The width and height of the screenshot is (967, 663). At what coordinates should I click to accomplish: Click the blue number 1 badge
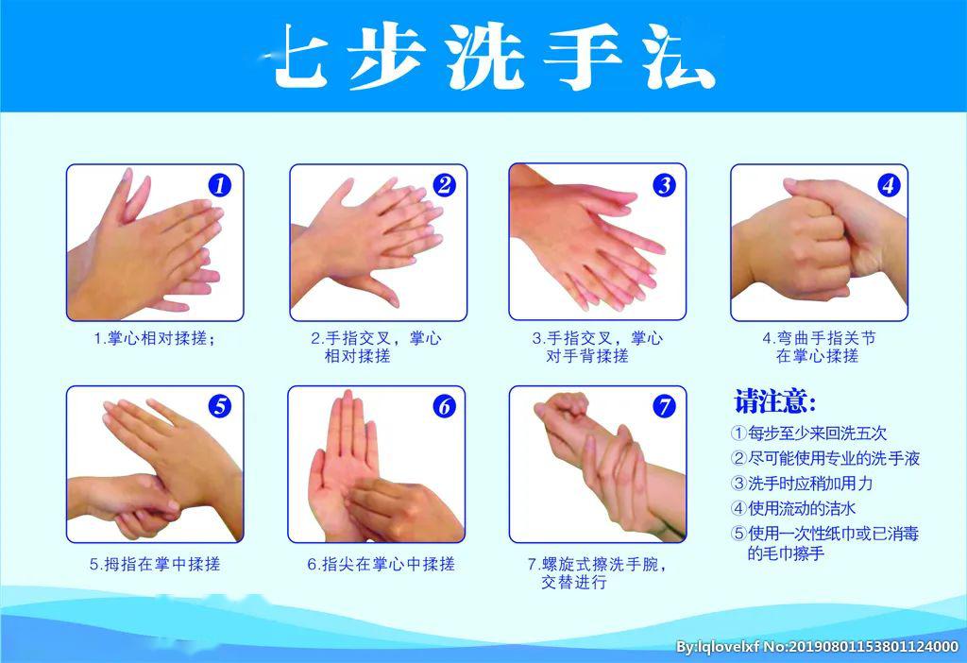pos(219,185)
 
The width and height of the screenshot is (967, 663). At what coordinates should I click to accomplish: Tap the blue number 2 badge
pos(444,185)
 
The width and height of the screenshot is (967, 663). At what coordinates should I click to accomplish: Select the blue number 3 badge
pos(664,185)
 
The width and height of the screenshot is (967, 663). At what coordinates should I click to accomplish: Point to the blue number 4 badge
pos(888,185)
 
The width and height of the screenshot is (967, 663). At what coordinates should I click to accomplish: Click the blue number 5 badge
pos(219,406)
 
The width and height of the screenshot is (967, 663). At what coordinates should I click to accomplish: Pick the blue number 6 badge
pos(444,406)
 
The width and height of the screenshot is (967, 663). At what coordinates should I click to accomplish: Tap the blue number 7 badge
pos(664,406)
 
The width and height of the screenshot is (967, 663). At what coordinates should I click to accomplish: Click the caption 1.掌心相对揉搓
pos(154,338)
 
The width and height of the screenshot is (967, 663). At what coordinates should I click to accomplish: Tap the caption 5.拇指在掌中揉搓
pos(154,564)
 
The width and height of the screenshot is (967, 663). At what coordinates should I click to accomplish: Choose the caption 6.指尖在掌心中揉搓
pos(381,564)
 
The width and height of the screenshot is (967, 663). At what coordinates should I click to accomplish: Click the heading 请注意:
pos(775,401)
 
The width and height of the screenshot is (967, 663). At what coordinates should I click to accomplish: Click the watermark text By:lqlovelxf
pos(718,647)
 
